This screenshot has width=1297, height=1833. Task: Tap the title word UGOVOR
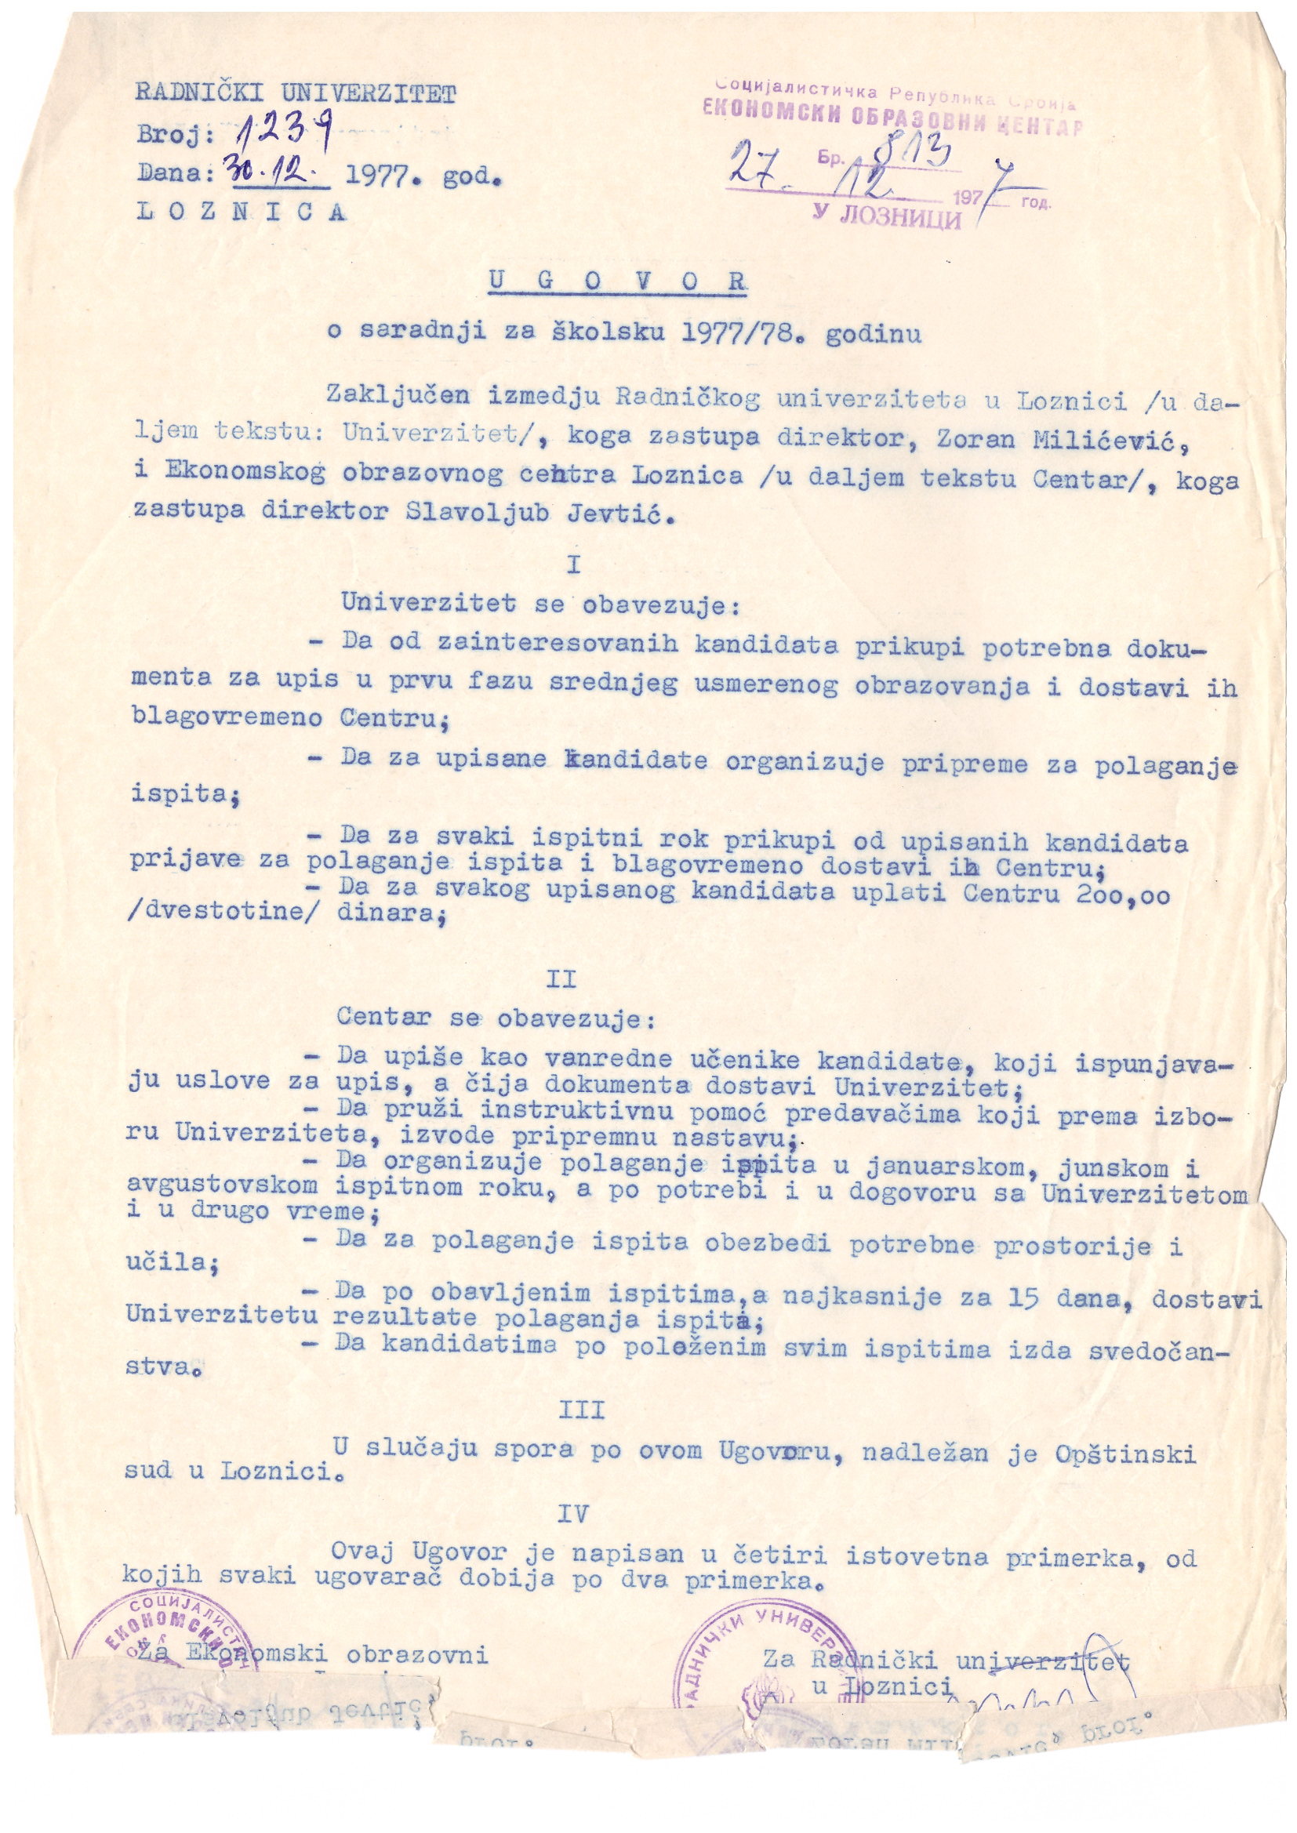616,281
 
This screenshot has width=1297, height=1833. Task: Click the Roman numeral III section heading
580,1409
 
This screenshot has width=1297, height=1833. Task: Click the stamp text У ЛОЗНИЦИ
887,215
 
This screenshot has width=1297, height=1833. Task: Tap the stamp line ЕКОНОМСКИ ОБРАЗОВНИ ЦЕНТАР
892,121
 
